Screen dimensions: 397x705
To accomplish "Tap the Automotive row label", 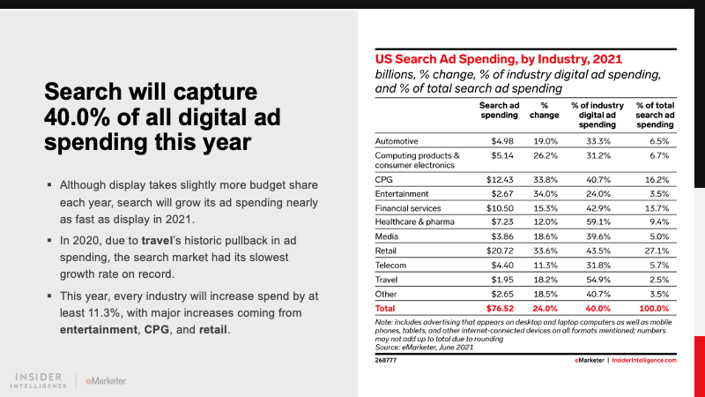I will (399, 140).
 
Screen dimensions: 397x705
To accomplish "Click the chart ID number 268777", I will (386, 360).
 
